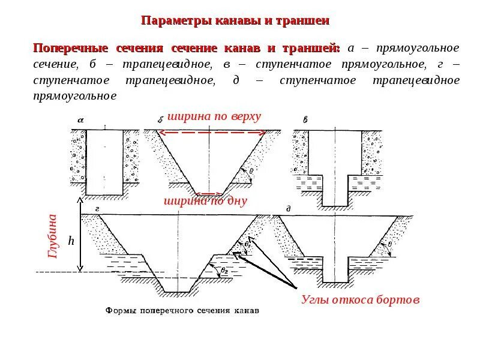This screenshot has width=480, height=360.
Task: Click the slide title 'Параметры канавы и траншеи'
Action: coord(235,21)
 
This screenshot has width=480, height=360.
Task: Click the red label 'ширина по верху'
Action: coord(215,116)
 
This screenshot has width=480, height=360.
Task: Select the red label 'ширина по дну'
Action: coord(205,201)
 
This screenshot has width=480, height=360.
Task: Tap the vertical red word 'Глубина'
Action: coord(52,236)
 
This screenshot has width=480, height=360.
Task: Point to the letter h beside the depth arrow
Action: coord(71,241)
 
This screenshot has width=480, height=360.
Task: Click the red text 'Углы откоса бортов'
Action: coord(360,299)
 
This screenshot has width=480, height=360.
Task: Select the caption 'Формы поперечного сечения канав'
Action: coord(182,311)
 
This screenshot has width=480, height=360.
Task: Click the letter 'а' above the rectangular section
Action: coord(80,120)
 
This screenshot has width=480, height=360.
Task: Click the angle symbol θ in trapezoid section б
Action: coord(250,170)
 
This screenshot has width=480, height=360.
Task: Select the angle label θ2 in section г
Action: coord(224,271)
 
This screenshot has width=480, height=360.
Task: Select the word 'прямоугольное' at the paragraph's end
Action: coord(74,95)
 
